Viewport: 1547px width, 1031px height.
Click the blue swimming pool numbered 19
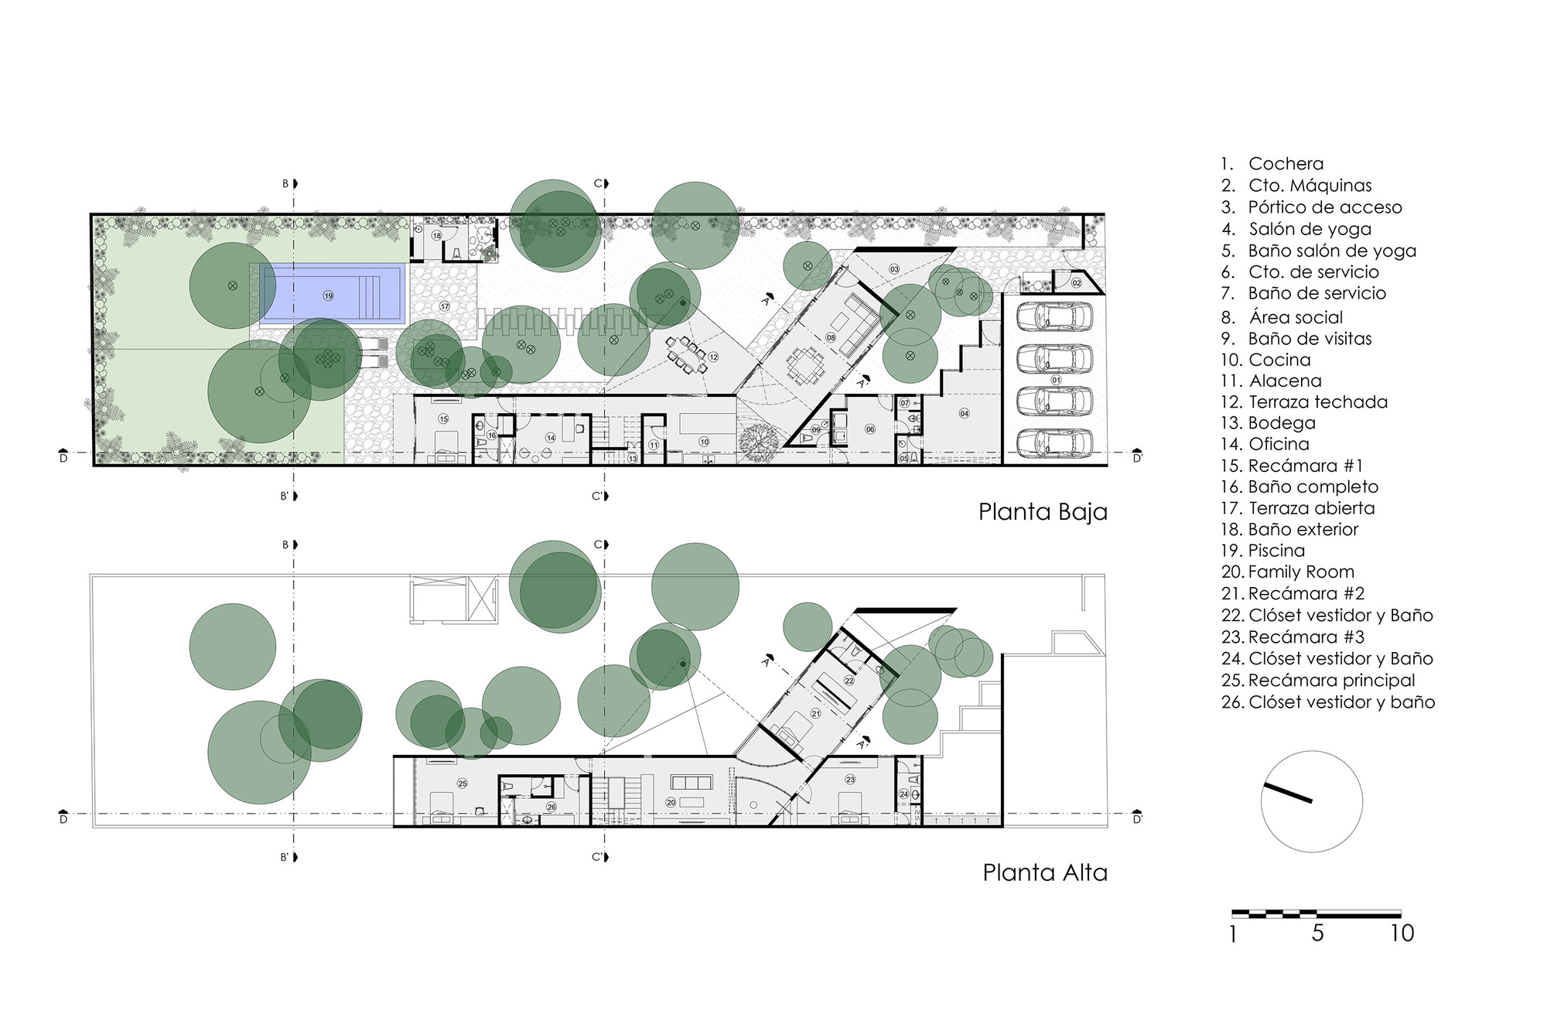333,294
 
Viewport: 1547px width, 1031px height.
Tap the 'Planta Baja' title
1043,512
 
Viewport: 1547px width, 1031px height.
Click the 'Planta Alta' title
1044,872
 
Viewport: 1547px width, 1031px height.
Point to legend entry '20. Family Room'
1288,572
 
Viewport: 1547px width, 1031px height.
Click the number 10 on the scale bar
1402,934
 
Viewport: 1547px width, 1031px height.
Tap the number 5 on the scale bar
1317,934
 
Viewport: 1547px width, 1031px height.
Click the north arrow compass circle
1311,801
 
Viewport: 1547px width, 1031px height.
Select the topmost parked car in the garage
1054,316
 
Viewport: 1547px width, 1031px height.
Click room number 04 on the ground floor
964,414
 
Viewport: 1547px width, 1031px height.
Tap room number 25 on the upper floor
463,783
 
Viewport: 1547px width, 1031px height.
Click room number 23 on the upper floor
850,780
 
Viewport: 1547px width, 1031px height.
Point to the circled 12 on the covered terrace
712,357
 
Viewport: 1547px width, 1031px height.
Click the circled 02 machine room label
1076,284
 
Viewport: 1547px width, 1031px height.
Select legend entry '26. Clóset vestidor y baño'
1327,702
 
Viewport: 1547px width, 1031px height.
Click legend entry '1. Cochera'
1272,164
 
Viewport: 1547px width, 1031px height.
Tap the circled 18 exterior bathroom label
436,236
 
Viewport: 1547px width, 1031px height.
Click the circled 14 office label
551,438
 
